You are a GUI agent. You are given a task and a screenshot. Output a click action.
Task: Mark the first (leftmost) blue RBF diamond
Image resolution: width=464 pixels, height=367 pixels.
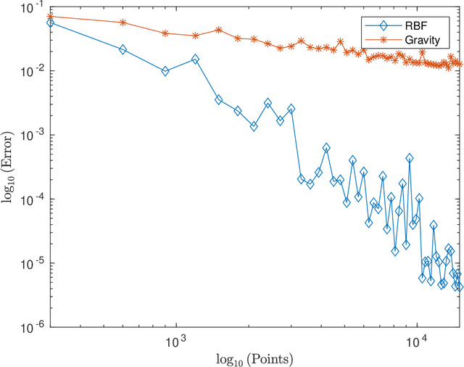[x=50, y=22]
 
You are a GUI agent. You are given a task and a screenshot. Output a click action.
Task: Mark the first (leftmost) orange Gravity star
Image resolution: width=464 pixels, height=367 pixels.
[x=50, y=16]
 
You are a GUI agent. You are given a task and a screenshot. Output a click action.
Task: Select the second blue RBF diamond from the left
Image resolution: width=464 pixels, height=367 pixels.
[x=123, y=49]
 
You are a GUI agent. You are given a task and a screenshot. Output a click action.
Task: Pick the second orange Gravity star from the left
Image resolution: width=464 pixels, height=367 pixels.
[x=123, y=22]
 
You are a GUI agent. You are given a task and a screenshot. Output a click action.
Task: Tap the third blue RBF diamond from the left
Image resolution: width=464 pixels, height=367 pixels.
[x=165, y=71]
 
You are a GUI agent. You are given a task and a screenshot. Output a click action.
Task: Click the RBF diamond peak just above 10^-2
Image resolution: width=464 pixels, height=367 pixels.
[x=195, y=59]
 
